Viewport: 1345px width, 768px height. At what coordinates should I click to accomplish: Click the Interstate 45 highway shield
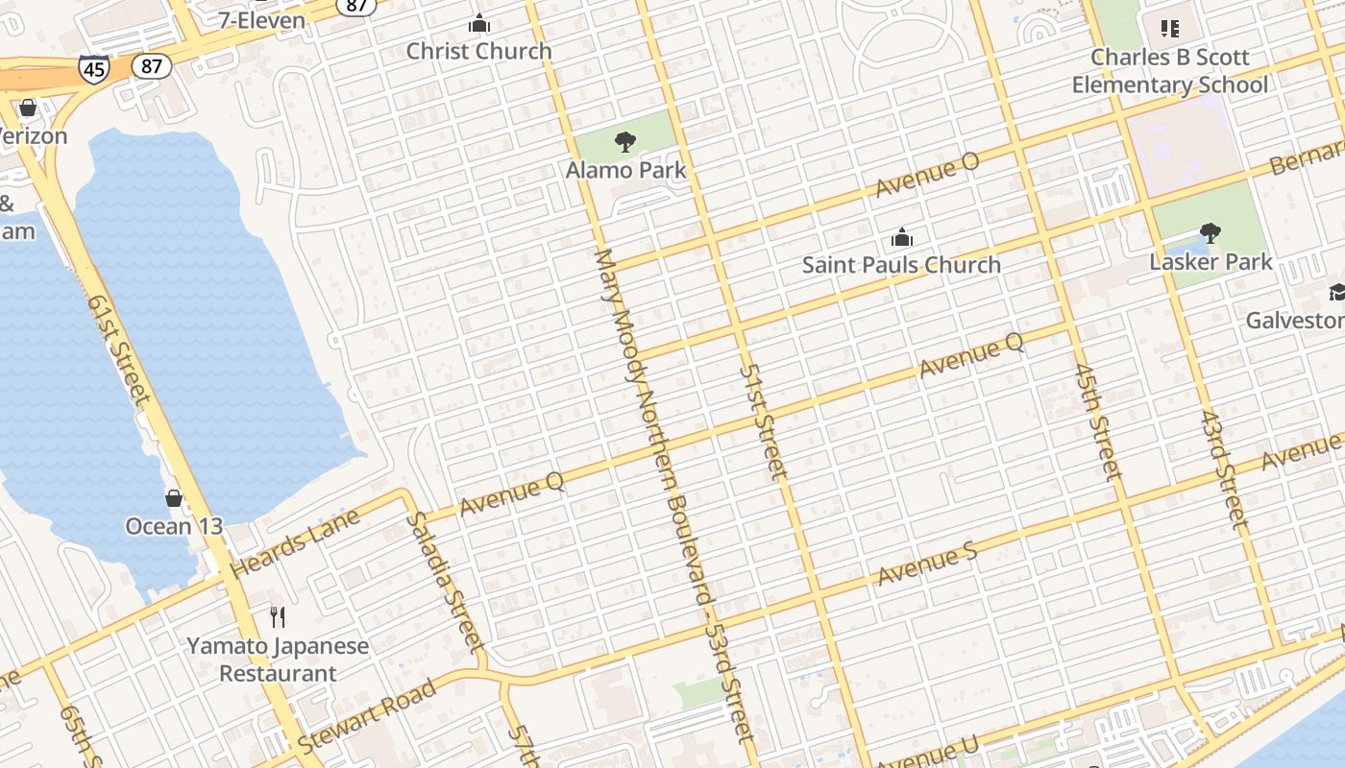click(94, 69)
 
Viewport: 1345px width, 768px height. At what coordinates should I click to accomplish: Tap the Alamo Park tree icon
click(625, 143)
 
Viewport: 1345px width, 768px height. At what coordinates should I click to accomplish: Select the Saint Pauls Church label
click(901, 265)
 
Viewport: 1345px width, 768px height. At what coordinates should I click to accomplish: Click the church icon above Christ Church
click(478, 24)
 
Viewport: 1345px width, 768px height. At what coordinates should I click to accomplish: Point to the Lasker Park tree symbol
click(1210, 232)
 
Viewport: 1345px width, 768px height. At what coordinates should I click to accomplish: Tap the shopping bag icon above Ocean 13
click(174, 498)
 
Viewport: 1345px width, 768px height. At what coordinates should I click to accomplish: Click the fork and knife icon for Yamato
click(278, 616)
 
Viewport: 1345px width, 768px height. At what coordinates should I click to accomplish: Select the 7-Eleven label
click(261, 20)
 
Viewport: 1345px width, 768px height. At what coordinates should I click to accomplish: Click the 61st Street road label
click(119, 348)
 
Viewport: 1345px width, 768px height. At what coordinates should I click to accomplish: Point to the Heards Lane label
click(296, 542)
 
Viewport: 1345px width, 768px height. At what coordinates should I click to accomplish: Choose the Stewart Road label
click(367, 715)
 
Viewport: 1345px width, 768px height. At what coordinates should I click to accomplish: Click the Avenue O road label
click(927, 175)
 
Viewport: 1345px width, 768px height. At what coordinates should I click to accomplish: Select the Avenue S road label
click(927, 564)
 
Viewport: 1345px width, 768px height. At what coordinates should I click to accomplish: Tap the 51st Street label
click(764, 421)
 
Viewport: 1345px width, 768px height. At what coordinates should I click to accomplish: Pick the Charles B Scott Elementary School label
click(1170, 71)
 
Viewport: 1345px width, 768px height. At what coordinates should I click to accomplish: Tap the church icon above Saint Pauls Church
click(901, 237)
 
